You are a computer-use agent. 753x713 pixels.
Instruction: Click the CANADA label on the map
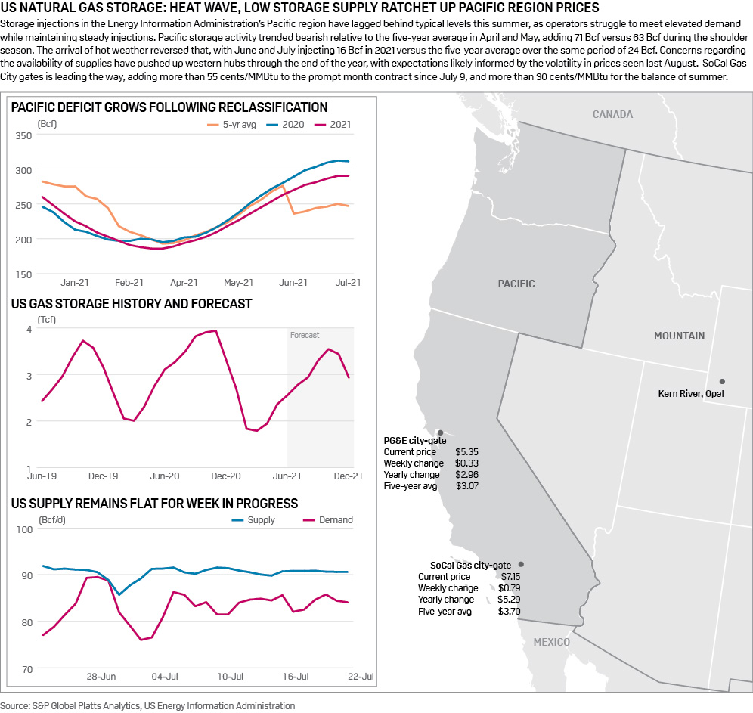tap(612, 114)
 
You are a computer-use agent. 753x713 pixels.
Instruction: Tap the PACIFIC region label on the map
tap(516, 284)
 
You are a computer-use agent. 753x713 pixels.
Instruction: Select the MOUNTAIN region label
tap(679, 336)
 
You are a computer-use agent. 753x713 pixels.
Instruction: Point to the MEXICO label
tap(551, 642)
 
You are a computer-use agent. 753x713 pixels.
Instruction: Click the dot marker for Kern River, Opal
tap(722, 381)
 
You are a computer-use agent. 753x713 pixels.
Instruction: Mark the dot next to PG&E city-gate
tap(440, 432)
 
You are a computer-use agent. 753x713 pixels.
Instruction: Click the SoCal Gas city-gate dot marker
tap(521, 564)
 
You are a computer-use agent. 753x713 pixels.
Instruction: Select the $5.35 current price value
tap(466, 452)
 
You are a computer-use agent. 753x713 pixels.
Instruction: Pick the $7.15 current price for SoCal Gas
tap(509, 576)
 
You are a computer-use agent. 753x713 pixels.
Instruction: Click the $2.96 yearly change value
tap(466, 475)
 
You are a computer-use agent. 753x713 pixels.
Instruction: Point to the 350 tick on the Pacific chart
tap(24, 135)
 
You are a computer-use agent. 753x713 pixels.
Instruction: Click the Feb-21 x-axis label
tap(129, 283)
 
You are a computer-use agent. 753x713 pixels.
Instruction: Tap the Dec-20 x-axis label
tap(225, 476)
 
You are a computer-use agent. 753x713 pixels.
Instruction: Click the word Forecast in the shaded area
tap(305, 335)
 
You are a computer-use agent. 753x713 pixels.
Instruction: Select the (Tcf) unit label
tap(47, 319)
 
